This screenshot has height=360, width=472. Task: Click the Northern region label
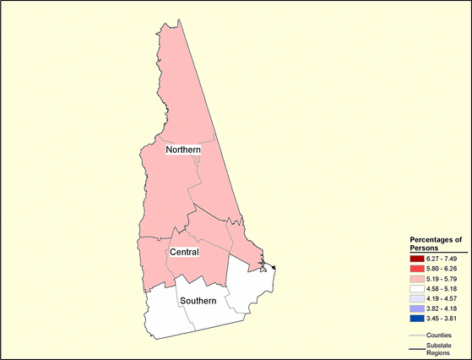(182, 150)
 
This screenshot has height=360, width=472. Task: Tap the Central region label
(184, 252)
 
